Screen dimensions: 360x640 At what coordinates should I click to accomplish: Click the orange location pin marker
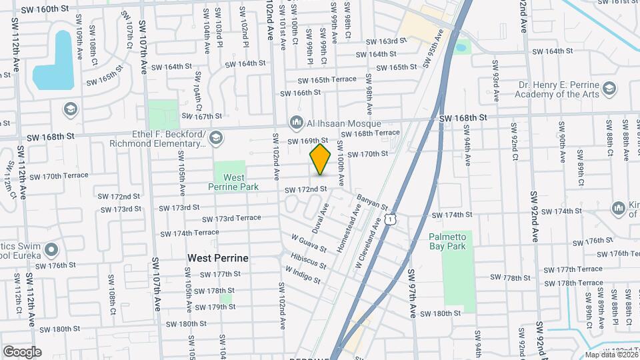(x=321, y=159)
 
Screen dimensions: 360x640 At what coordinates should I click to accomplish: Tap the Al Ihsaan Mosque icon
(x=296, y=122)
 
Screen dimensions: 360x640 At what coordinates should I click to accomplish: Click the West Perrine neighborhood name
(x=218, y=257)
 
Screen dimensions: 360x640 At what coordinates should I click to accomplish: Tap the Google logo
(x=22, y=352)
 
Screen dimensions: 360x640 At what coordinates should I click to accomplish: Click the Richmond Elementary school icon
(x=215, y=138)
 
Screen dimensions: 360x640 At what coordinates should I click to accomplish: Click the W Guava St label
(x=309, y=243)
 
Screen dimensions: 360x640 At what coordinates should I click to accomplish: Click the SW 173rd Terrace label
(x=231, y=219)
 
